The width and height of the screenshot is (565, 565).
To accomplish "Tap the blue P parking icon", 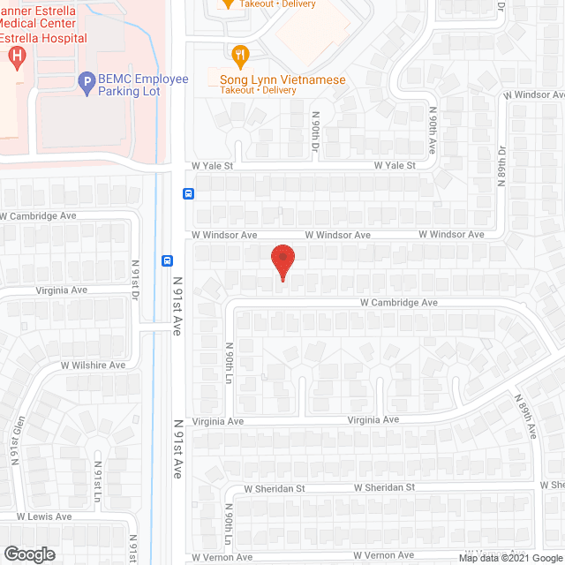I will (87, 84).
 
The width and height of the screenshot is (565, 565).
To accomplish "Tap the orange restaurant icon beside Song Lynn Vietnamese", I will (238, 57).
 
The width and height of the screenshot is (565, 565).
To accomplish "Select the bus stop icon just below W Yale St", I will (188, 194).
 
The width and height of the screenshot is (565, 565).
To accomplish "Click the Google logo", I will (28, 554).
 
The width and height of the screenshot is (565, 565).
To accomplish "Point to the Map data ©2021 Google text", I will (510, 557).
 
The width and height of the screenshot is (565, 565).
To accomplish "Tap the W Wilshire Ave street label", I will (93, 365).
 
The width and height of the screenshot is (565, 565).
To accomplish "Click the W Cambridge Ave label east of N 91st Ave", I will (398, 302).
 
